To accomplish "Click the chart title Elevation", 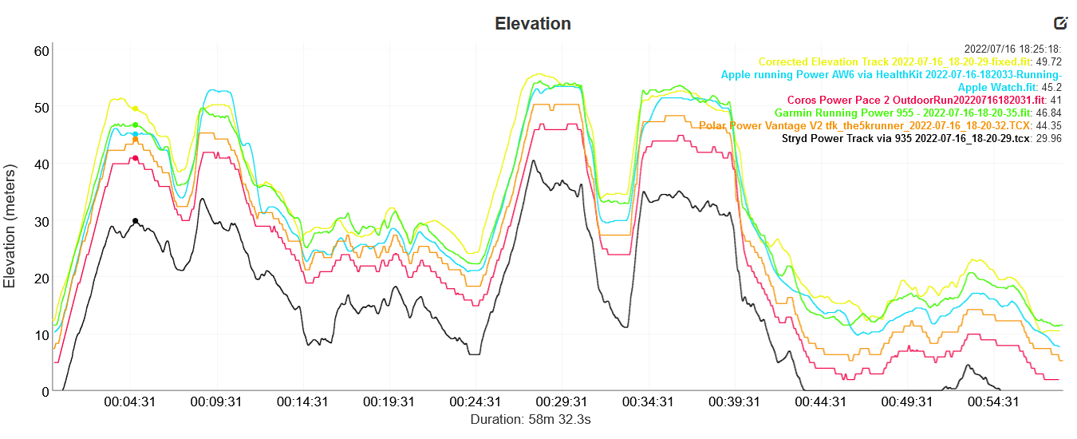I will coord(533,23).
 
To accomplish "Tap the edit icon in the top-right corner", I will coord(1060,23).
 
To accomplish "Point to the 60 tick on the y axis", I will coord(41,51).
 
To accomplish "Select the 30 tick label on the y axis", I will coord(41,221).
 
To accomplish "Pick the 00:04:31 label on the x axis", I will coord(129,402).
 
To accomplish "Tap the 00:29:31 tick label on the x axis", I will coord(561,402).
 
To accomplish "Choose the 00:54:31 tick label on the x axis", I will coord(992,402).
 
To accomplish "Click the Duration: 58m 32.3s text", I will coord(531,419).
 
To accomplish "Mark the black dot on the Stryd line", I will coord(136,221).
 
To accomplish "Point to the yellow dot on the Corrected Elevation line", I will coord(136,109).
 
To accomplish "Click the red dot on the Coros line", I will coord(136,158).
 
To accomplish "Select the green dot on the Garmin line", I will coord(136,125).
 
